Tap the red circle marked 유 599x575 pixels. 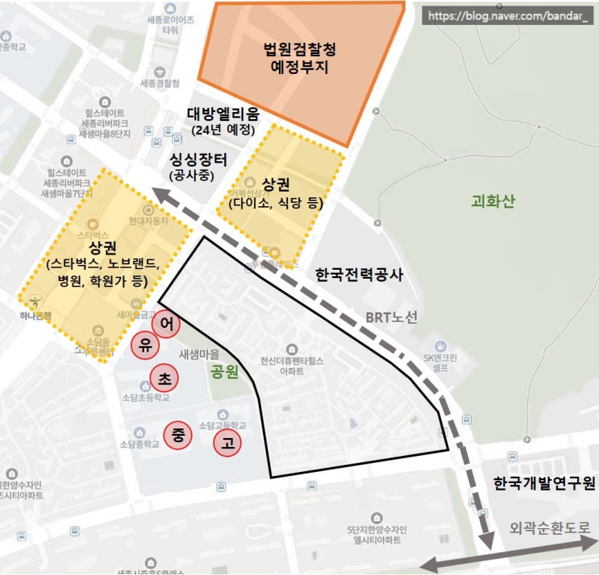(145, 345)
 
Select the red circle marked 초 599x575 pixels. (164, 376)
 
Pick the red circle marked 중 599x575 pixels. (177, 435)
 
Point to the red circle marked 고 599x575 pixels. (227, 442)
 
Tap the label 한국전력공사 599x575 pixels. (359, 275)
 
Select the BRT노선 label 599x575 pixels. (392, 317)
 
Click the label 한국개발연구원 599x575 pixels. (544, 484)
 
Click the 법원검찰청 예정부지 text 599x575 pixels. (300, 59)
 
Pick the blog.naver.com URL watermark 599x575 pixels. (508, 15)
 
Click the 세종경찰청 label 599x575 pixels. (160, 83)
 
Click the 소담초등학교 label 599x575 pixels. (147, 397)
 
